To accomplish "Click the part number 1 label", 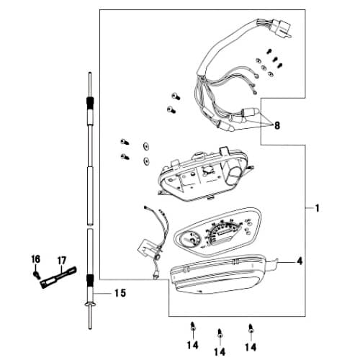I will [316, 208].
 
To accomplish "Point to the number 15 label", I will [120, 293].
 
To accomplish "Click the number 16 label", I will [35, 258].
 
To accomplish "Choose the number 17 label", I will [62, 260].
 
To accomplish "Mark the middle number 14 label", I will [220, 351].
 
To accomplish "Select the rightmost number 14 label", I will [250, 346].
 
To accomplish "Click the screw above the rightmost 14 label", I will [250, 327].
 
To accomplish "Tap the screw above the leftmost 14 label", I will [192, 326].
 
